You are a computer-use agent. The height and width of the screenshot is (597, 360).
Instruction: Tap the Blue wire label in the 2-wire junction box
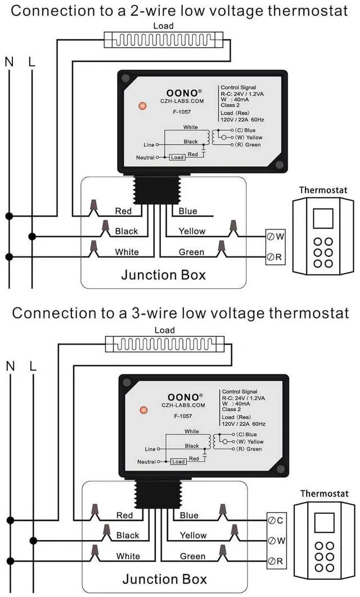point(188,211)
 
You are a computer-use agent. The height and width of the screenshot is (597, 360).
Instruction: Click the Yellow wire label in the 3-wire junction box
point(193,535)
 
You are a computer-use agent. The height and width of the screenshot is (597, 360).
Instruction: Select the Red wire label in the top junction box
point(123,211)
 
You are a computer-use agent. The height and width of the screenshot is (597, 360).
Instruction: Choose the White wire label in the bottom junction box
point(128,556)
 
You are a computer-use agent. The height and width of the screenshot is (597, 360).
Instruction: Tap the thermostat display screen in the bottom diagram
point(324,523)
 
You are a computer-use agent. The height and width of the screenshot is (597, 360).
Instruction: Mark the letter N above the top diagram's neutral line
point(9,62)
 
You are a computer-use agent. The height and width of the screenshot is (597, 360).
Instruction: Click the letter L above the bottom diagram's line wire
point(33,366)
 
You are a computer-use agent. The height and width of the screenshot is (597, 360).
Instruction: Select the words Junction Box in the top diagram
point(163,275)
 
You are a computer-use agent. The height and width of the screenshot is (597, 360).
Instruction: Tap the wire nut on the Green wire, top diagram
point(222,246)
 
